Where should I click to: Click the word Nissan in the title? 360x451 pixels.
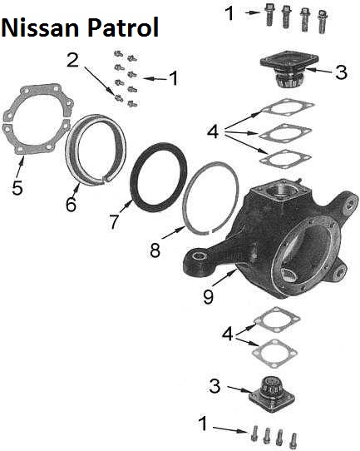click(x=40, y=27)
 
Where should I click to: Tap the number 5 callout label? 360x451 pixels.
click(x=17, y=188)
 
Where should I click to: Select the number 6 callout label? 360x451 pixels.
click(x=71, y=204)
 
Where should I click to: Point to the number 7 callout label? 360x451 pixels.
click(x=114, y=221)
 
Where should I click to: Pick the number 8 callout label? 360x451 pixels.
click(x=155, y=250)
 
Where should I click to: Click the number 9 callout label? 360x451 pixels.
click(x=209, y=296)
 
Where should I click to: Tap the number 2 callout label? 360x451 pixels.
click(x=72, y=61)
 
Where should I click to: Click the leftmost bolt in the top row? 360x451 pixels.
click(x=269, y=14)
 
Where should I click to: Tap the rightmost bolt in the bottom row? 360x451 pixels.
click(x=293, y=441)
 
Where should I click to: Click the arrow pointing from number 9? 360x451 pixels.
click(x=225, y=278)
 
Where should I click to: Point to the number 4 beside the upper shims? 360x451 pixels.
click(x=213, y=132)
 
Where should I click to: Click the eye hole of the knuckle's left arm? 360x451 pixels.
click(x=199, y=255)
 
